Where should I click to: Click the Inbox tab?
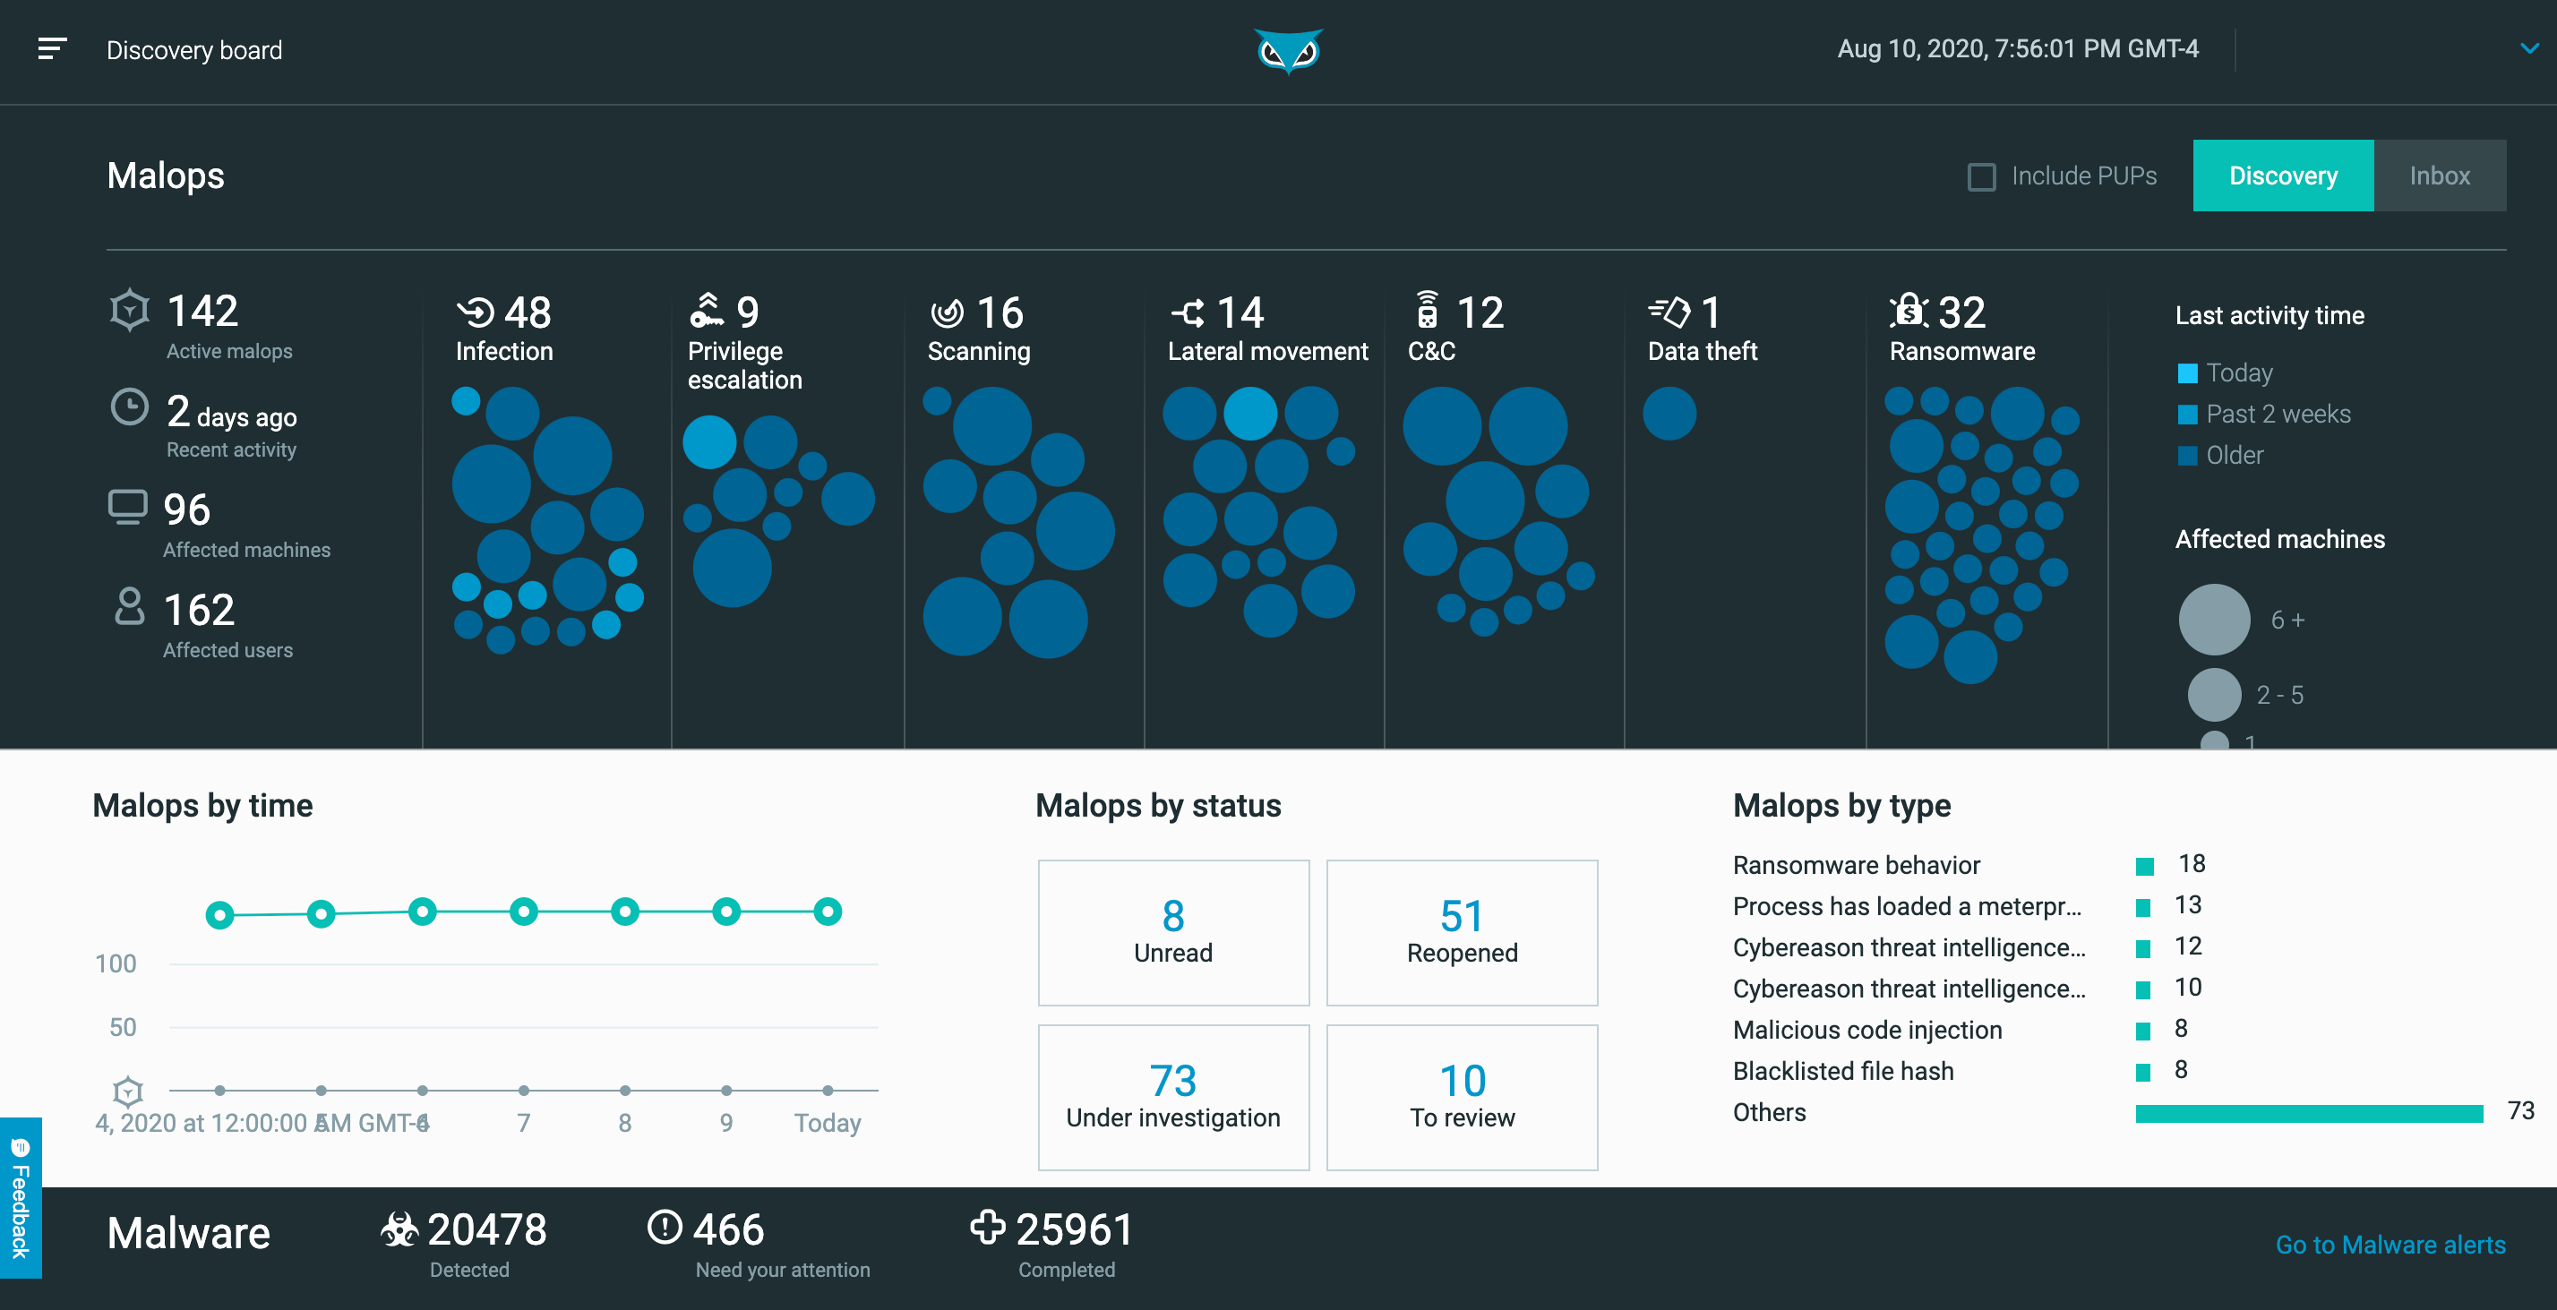2439,176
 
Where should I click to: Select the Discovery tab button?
2282,176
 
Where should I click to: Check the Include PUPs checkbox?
1981,176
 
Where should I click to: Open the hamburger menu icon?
52,48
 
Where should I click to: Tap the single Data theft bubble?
1669,413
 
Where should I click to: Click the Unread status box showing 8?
1172,931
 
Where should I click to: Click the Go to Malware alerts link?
2390,1245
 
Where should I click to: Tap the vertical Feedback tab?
20,1199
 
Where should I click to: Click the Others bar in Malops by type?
2308,1112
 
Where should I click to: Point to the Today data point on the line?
827,911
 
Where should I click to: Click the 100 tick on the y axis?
116,963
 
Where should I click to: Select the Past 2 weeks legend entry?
2276,414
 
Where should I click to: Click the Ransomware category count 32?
1961,313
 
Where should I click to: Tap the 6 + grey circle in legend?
2214,620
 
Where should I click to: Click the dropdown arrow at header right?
2528,48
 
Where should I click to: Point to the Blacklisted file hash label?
1842,1071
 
